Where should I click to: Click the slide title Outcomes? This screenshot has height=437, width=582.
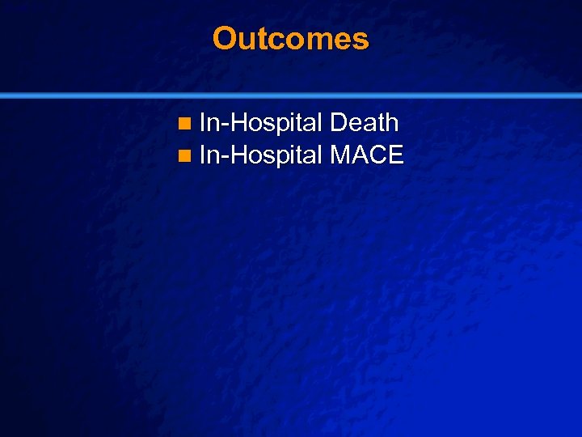(290, 38)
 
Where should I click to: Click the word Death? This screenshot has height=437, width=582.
(365, 123)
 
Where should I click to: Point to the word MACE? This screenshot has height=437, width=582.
(367, 154)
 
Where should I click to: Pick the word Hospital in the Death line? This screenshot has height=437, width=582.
(276, 123)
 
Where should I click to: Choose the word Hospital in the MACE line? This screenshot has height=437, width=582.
(276, 154)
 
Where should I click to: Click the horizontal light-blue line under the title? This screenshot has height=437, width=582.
(291, 95)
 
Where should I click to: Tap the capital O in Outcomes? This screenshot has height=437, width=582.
(224, 38)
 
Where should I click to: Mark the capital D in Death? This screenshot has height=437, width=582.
(339, 123)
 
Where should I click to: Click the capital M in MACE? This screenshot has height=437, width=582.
(341, 154)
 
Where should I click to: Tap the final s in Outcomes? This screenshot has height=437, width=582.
(361, 40)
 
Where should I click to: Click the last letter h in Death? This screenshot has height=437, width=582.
(391, 123)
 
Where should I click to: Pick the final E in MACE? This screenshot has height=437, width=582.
(394, 154)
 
